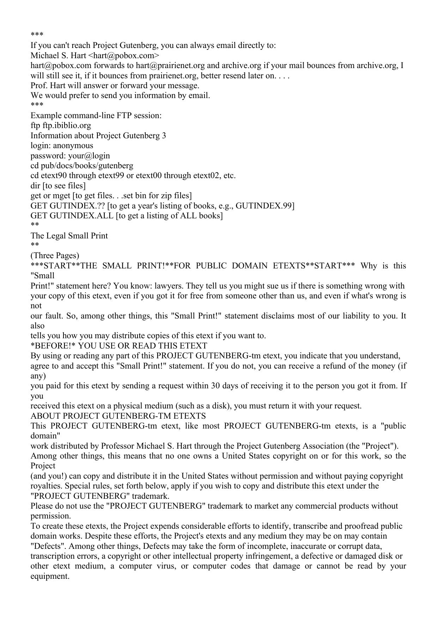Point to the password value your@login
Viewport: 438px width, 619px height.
point(89,156)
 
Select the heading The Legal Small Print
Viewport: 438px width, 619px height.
point(69,236)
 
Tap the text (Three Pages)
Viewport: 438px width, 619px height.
point(55,255)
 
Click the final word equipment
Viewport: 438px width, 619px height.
point(50,576)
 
